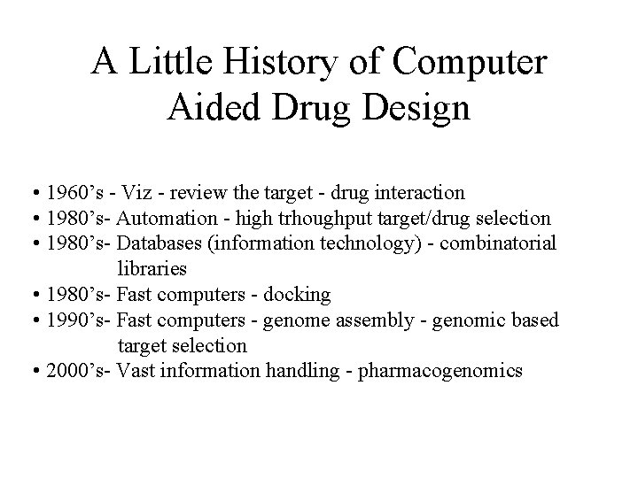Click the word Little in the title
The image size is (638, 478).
click(166, 63)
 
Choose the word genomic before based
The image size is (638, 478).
click(480, 320)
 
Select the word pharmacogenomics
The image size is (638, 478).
click(452, 371)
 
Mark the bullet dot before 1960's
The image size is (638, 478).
click(31, 193)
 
